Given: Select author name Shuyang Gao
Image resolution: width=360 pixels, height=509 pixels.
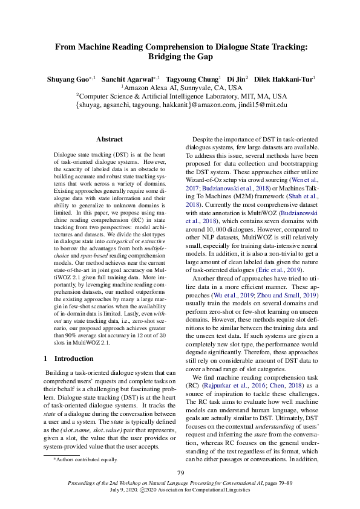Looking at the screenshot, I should coord(67,79).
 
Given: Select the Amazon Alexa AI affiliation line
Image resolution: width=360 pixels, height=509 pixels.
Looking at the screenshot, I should coord(181,88).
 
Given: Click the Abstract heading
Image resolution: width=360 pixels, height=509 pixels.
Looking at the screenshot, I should coord(110,139).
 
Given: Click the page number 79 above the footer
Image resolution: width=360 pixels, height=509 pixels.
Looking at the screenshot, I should coord(180,473).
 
